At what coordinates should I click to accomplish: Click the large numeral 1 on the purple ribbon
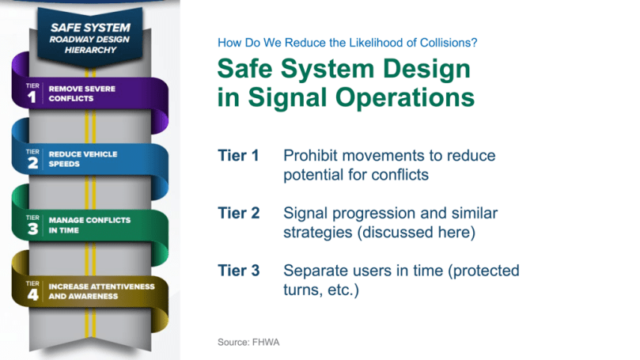point(32,97)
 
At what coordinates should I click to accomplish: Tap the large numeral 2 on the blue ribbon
point(32,163)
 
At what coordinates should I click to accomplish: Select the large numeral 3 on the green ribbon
point(32,229)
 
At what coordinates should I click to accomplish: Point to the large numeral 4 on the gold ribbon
point(32,294)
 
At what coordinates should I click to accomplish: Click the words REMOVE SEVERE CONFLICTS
point(82,93)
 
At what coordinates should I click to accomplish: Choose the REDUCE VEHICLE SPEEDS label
point(83,159)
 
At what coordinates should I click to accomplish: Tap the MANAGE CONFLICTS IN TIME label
point(90,225)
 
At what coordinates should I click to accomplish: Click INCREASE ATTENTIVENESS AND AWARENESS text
point(101,291)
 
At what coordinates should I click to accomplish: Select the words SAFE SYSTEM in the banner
point(90,28)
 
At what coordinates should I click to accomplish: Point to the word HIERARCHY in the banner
point(90,50)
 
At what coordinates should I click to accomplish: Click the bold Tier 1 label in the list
point(238,156)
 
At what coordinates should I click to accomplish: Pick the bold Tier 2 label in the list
point(239,213)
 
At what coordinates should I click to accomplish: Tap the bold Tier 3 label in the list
point(239,271)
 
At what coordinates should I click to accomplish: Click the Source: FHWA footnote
point(248,342)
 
